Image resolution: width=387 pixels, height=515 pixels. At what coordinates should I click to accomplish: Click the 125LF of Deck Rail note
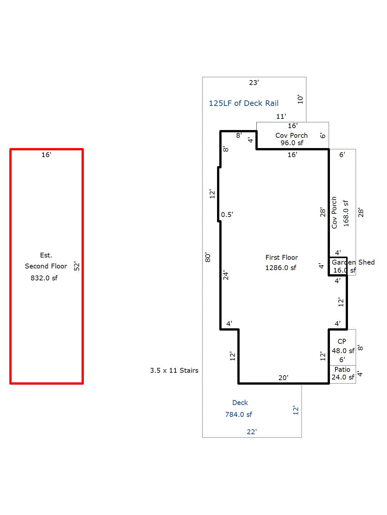coord(244,103)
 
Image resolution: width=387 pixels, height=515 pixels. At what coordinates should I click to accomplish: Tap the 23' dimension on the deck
coord(254,83)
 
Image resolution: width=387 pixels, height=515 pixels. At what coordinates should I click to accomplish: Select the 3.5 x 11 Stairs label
coord(174,370)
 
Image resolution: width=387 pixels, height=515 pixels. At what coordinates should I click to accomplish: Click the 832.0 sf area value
coord(44,278)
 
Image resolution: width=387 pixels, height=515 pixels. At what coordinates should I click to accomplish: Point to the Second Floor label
coord(46,266)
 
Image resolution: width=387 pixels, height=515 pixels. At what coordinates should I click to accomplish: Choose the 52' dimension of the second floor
coord(77,266)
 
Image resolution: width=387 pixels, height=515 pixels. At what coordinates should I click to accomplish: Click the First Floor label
coord(282,257)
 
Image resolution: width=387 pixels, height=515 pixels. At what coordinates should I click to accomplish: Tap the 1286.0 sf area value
coord(281,268)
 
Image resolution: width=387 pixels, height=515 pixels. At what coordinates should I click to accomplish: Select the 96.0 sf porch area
coord(292,143)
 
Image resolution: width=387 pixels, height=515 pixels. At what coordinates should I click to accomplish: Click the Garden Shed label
coord(353,262)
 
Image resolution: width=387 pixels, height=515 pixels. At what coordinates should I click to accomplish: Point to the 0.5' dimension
coord(227,214)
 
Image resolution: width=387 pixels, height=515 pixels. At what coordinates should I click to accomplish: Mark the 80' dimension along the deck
coord(208,257)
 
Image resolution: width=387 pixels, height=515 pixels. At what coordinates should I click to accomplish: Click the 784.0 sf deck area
coord(239,415)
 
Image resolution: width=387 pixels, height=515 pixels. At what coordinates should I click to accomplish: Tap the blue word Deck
coord(240,403)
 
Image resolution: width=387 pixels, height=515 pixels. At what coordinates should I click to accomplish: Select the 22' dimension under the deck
coord(252,432)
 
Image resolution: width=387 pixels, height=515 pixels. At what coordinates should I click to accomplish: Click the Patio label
coord(342,370)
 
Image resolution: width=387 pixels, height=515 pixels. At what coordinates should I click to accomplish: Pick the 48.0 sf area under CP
coord(343,351)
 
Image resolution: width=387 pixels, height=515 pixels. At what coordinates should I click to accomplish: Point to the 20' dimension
coord(283,378)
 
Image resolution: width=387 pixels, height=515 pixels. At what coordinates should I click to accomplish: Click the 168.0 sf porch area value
coord(346,213)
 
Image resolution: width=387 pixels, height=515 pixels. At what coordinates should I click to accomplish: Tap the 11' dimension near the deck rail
coord(281,117)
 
